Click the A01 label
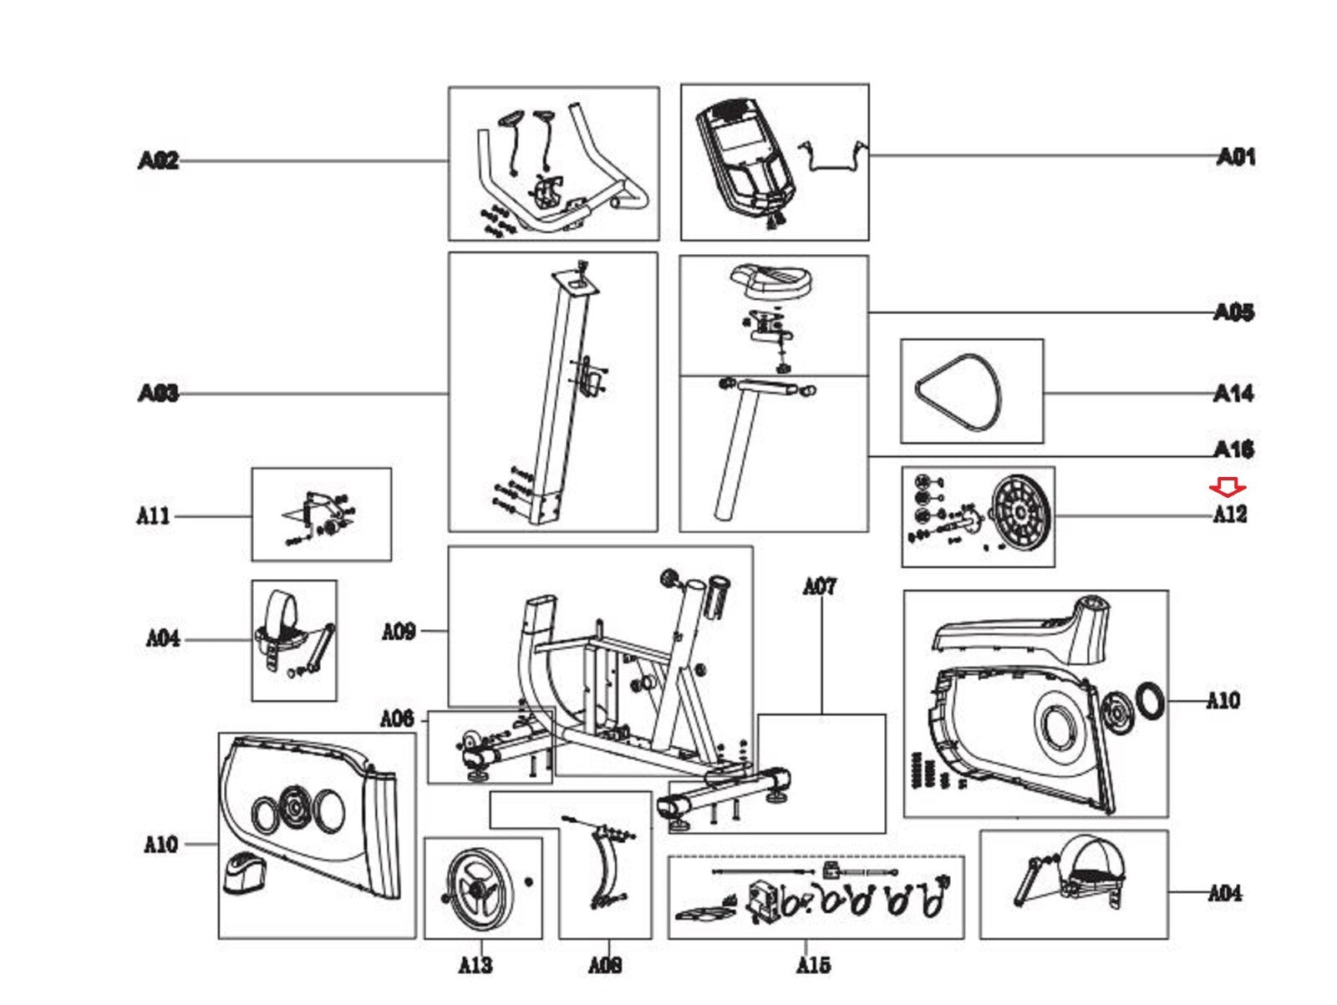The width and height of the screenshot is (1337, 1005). (1236, 156)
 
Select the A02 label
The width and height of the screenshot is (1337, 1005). (158, 160)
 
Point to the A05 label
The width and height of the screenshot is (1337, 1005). (1233, 312)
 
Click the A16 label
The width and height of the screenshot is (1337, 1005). (1233, 450)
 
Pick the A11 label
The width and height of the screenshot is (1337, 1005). (153, 515)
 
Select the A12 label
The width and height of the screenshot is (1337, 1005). (1230, 515)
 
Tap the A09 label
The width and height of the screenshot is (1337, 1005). (399, 631)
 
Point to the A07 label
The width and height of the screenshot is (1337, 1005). (819, 587)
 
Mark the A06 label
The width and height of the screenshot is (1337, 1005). (397, 718)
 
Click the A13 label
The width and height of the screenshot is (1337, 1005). (475, 966)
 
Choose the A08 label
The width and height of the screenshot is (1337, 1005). (605, 966)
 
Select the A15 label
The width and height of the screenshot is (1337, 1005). (813, 966)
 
